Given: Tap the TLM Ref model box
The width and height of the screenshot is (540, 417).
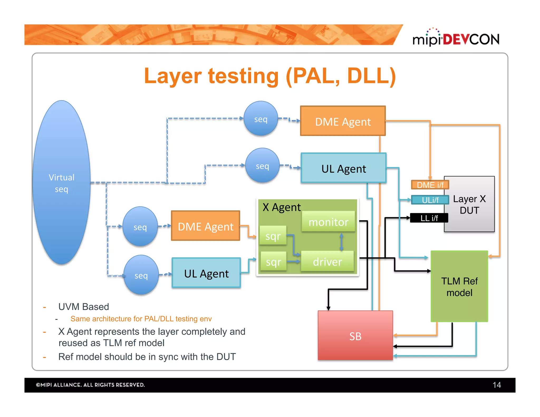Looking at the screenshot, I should pyautogui.click(x=459, y=287).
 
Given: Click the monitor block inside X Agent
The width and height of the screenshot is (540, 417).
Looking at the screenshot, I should pyautogui.click(x=328, y=222).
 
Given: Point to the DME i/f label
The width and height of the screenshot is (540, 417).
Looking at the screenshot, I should pyautogui.click(x=430, y=185).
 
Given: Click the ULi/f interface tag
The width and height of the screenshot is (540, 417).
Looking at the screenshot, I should pyautogui.click(x=430, y=200).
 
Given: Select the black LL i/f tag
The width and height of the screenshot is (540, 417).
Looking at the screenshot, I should pyautogui.click(x=429, y=218).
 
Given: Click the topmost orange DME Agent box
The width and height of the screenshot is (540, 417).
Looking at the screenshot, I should pyautogui.click(x=343, y=121).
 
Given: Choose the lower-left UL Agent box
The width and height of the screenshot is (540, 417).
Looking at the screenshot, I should pyautogui.click(x=206, y=273).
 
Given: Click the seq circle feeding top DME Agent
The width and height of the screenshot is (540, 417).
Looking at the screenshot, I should pyautogui.click(x=261, y=119).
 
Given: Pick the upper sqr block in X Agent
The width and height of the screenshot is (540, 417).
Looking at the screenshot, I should pyautogui.click(x=273, y=236).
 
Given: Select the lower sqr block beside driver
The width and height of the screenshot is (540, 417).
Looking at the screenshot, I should pyautogui.click(x=273, y=262).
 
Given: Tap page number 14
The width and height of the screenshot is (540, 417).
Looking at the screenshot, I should pyautogui.click(x=496, y=385).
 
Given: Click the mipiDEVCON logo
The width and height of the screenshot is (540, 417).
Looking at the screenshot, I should pyautogui.click(x=456, y=38).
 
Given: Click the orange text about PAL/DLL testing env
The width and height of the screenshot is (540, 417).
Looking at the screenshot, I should pyautogui.click(x=141, y=319).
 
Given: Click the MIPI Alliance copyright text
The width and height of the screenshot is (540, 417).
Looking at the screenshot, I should pyautogui.click(x=90, y=385).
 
